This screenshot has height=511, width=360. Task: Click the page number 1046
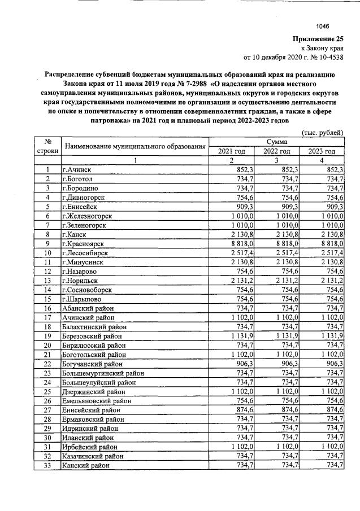coord(322,25)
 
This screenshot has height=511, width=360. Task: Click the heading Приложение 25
coord(318,39)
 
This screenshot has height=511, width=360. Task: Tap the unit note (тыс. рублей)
coord(322,132)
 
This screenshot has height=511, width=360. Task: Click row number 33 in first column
coord(48,465)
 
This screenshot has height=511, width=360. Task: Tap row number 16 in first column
coord(48,308)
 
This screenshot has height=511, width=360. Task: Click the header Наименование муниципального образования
coord(135,147)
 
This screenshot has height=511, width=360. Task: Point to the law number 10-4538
coord(329,57)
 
